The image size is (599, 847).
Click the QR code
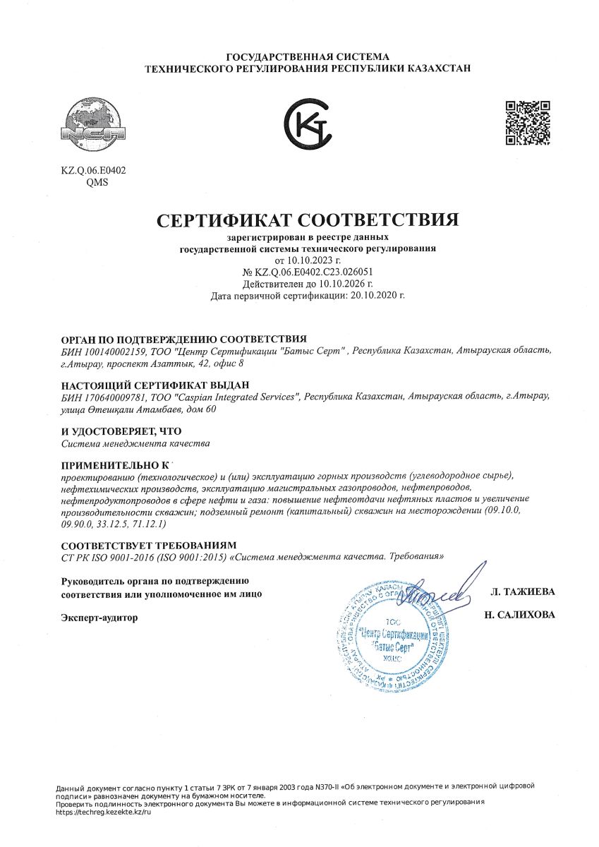click(x=528, y=123)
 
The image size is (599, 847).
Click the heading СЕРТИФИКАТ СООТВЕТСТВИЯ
click(x=307, y=219)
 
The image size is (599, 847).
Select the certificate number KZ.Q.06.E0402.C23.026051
click(x=313, y=272)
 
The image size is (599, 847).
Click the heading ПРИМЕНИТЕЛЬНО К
click(x=116, y=466)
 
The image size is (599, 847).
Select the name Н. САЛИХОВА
click(x=519, y=615)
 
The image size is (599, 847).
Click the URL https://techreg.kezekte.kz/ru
click(x=104, y=813)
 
